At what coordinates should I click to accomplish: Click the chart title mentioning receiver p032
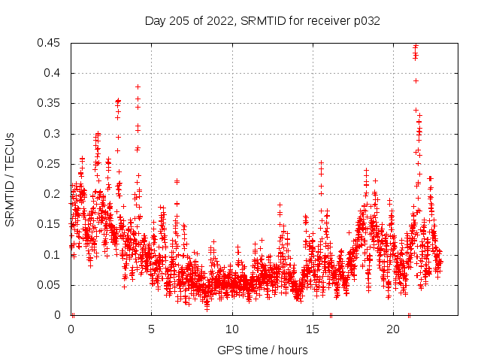[262, 21]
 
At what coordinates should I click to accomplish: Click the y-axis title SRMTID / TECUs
[11, 179]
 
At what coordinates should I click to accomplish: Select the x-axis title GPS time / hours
[262, 350]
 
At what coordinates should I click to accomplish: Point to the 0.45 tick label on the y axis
[50, 43]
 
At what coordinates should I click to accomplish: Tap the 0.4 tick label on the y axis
[53, 73]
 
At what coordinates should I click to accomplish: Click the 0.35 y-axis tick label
[50, 103]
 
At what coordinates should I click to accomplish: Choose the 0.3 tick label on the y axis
[53, 134]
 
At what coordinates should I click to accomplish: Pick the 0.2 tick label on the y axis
[53, 194]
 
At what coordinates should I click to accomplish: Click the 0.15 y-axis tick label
[50, 224]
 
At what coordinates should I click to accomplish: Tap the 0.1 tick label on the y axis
[53, 254]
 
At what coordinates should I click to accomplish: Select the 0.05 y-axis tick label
[50, 285]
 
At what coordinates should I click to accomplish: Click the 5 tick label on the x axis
[152, 329]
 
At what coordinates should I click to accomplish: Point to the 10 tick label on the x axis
[232, 329]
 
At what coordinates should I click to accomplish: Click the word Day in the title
[155, 21]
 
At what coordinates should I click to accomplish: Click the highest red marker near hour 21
[416, 46]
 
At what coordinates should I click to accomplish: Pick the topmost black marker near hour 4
[138, 86]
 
